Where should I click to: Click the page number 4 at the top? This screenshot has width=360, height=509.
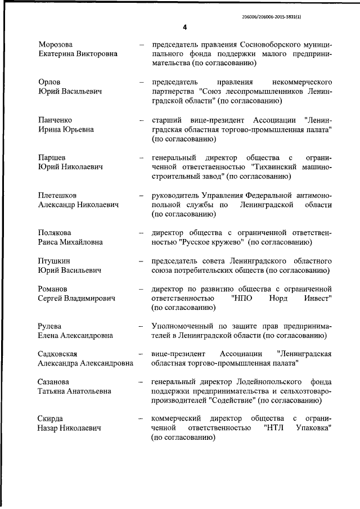pos(184,27)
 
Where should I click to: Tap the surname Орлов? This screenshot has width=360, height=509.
pos(49,82)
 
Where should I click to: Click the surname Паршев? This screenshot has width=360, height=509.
pos(52,157)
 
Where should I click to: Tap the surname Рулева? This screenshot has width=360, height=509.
pos(51,326)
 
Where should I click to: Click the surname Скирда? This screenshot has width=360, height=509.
pos(51,419)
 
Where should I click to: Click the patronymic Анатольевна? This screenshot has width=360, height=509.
pos(85,391)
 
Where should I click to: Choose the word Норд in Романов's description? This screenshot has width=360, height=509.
pos(276,298)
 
